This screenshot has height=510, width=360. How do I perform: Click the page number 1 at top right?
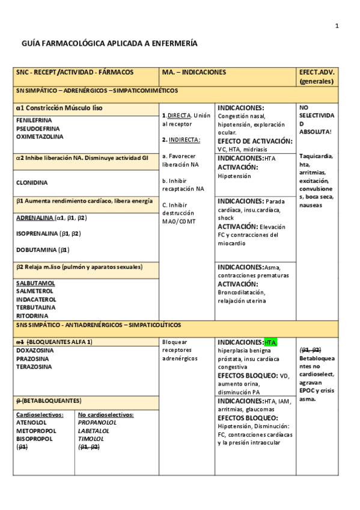click(337, 25)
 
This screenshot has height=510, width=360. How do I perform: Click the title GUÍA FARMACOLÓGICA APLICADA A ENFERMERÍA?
click(109, 45)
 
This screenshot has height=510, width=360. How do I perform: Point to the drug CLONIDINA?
click(32, 182)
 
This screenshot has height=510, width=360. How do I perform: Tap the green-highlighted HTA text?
click(270, 342)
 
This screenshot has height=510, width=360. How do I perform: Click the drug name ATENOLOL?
click(31, 422)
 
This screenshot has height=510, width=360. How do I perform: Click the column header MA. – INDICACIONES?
click(194, 72)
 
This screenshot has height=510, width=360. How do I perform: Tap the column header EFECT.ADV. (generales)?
click(317, 76)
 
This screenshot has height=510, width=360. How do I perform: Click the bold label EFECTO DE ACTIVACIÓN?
click(255, 141)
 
